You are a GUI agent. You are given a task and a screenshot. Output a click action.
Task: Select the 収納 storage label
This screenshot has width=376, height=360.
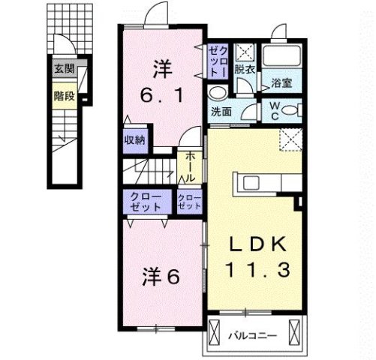135,139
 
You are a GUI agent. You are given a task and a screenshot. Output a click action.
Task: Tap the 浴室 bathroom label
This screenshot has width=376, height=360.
281,82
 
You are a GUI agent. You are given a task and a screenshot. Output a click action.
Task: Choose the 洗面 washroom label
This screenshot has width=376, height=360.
221,112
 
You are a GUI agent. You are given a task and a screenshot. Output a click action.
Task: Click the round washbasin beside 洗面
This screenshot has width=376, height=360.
217,92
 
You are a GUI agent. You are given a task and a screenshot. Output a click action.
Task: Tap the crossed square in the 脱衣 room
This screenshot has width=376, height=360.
244,52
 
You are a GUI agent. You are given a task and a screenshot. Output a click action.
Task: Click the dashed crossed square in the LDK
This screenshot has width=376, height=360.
290,139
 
